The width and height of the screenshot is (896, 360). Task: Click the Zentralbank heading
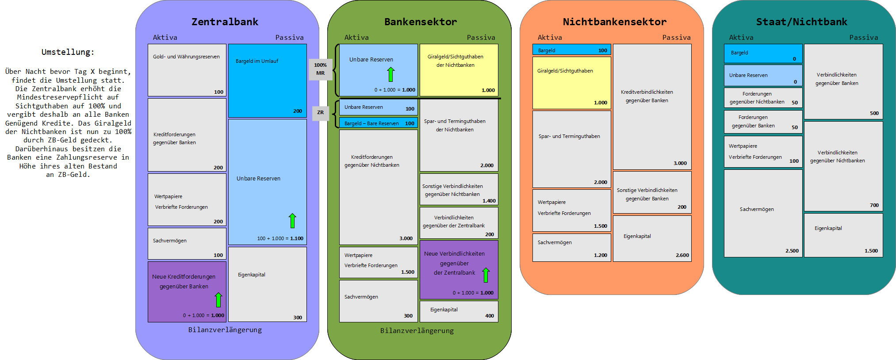225,22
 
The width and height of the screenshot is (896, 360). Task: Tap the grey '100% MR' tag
320,69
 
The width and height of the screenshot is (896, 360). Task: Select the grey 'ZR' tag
320,113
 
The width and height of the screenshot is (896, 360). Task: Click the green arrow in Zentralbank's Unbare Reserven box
292,221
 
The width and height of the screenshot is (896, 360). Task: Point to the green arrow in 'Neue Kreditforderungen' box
218,299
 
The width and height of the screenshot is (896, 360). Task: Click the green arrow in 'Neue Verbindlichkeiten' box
486,275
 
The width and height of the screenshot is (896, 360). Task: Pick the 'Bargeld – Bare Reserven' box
379,123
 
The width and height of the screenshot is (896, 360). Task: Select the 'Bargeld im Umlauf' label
257,61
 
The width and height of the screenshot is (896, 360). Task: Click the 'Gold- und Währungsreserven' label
186,57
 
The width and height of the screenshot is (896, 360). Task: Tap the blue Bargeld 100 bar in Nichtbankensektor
571,50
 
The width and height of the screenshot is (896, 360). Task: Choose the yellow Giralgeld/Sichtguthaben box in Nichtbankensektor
571,83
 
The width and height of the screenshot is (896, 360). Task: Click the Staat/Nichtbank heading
801,22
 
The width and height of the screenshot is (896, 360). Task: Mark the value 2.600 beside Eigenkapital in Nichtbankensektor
682,255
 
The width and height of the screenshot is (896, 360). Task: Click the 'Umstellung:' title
68,52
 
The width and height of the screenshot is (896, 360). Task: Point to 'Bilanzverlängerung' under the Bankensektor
417,330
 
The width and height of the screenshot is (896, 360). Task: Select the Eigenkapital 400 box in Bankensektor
459,311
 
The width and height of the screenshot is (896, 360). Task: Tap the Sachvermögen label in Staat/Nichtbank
757,209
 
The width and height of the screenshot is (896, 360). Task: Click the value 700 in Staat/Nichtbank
874,205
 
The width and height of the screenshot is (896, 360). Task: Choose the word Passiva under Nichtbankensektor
676,38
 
